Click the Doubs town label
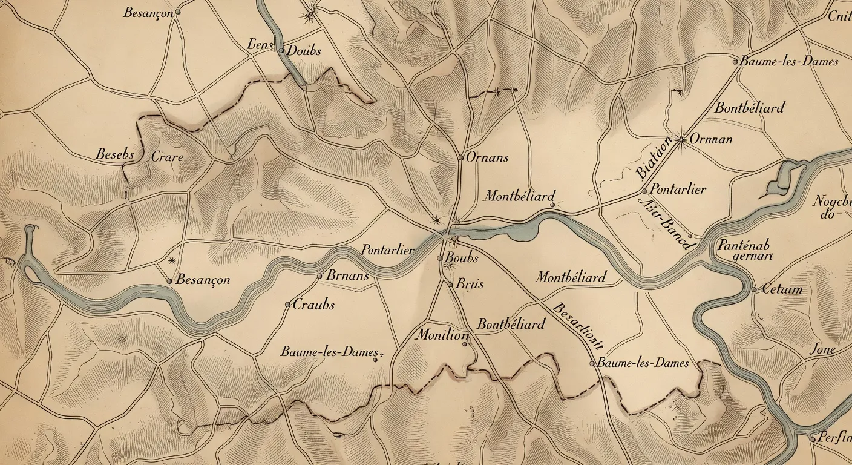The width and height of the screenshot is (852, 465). [303, 51]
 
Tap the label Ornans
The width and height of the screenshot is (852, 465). [487, 158]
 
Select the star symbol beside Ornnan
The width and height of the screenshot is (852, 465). [681, 140]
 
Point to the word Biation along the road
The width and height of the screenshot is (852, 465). [654, 159]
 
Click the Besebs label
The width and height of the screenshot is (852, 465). [115, 154]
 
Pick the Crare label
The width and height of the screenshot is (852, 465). [167, 157]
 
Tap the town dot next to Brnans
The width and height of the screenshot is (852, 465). [320, 276]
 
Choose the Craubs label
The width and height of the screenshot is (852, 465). [313, 305]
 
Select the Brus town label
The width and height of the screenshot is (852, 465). [470, 283]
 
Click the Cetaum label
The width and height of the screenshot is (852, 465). [782, 289]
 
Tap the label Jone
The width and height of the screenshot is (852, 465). [823, 349]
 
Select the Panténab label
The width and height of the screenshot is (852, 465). [744, 245]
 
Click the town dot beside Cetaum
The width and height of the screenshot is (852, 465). [754, 289]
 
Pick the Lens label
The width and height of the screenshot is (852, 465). [261, 44]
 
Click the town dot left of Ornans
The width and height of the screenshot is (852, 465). [461, 158]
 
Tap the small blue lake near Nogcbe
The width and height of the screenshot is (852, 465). [781, 179]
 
